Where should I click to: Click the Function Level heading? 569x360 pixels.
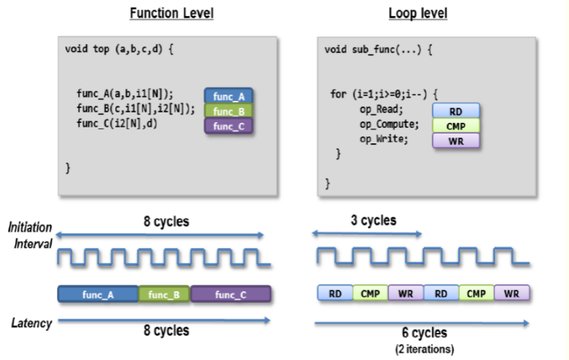tap(172, 13)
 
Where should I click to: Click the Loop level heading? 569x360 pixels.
tap(418, 13)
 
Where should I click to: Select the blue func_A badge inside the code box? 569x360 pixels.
tap(229, 97)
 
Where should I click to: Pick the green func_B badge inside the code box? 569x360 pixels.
tap(229, 111)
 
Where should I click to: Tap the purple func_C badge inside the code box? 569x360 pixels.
tap(229, 126)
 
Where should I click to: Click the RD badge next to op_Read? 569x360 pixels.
tap(456, 112)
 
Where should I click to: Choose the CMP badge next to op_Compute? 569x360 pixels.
tap(456, 126)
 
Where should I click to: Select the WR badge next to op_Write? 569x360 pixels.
tap(456, 140)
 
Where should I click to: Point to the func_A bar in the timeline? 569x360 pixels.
tap(98, 294)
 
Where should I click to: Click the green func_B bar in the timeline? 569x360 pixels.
tap(165, 294)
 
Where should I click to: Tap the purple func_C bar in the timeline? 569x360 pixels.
tap(230, 294)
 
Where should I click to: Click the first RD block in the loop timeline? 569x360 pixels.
tap(335, 294)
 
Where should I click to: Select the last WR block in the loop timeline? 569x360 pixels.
tap(512, 294)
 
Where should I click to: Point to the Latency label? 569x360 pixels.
tap(32, 323)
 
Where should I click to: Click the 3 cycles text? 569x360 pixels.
tap(372, 221)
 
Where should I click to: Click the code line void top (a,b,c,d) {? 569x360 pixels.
tap(120, 50)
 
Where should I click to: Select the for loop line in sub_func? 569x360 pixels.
tap(384, 94)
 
